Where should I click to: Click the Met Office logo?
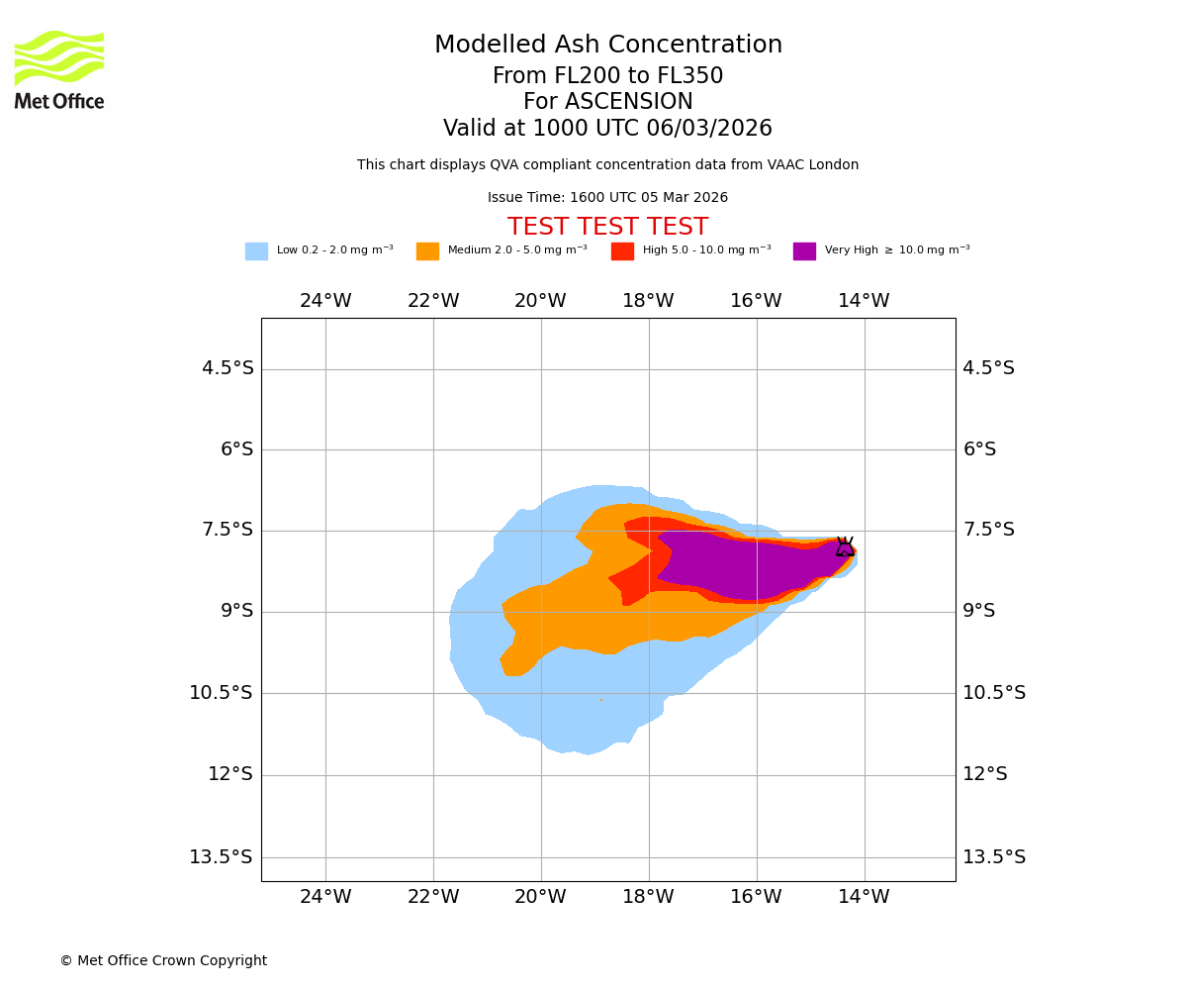click(59, 69)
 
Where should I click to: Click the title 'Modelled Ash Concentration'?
click(608, 46)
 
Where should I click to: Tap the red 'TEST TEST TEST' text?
click(607, 228)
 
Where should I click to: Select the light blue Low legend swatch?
click(256, 251)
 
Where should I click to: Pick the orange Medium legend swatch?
click(427, 251)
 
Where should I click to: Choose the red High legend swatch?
click(622, 251)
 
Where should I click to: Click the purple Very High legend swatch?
click(804, 251)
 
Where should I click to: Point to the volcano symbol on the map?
click(845, 546)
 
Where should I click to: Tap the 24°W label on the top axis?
click(325, 301)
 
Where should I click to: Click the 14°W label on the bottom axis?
click(864, 897)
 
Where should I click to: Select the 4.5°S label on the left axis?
click(228, 368)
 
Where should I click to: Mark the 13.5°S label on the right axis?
click(994, 857)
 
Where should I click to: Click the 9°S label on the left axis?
click(236, 611)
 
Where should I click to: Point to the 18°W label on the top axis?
click(648, 301)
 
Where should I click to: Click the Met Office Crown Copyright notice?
click(163, 961)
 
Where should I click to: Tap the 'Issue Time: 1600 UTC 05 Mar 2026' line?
click(607, 198)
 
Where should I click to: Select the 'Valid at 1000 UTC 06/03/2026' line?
click(607, 129)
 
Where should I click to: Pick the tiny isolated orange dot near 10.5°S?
click(600, 700)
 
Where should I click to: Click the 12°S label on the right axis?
click(985, 774)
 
